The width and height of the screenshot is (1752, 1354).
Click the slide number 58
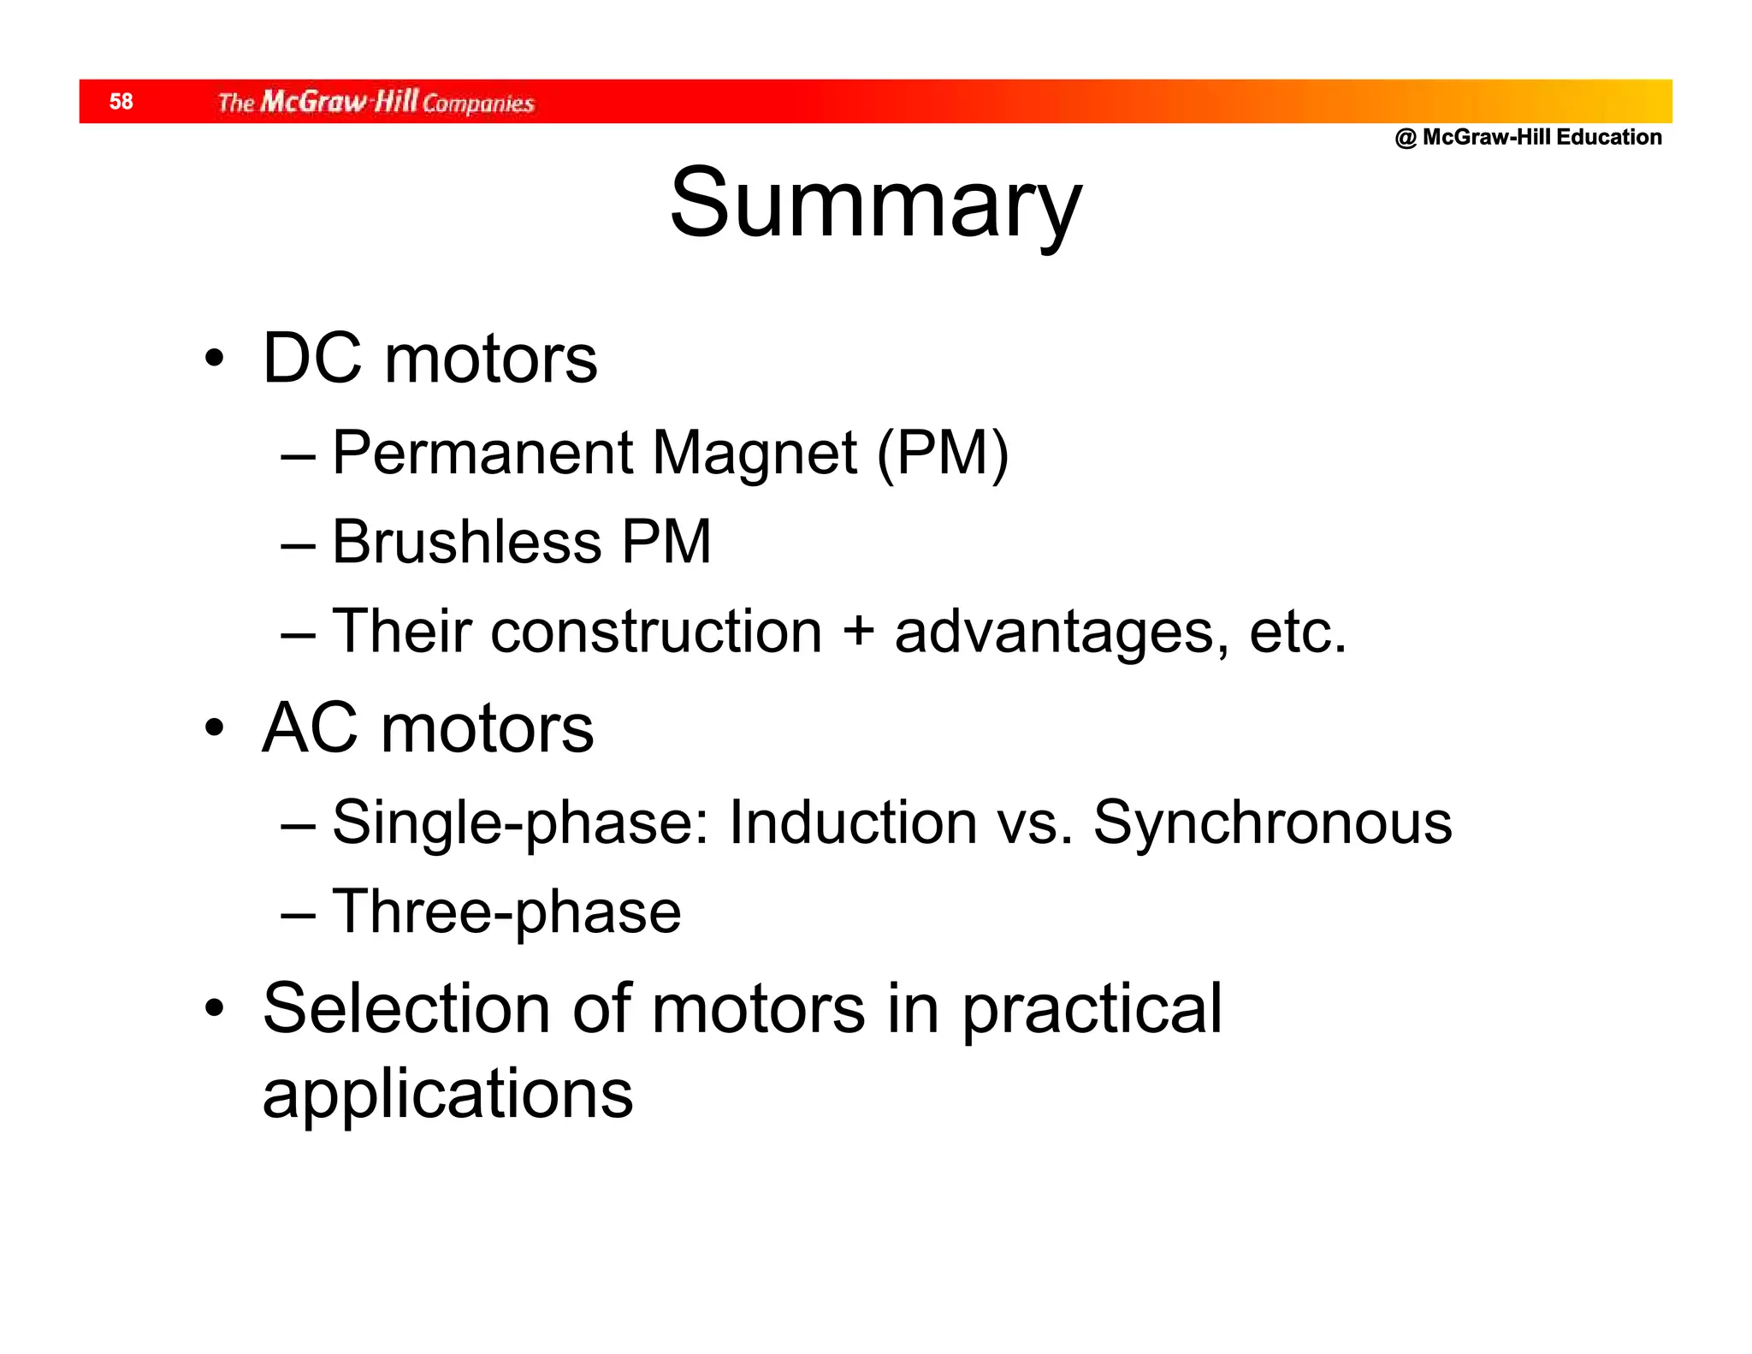click(121, 102)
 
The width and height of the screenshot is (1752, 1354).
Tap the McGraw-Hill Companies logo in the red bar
click(376, 103)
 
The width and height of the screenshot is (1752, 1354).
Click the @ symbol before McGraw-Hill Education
click(1406, 138)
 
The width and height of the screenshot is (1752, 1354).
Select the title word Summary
click(875, 205)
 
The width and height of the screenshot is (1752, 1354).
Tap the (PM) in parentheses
click(943, 454)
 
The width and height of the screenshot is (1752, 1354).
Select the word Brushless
click(466, 542)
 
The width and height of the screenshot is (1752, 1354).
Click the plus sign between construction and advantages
click(858, 632)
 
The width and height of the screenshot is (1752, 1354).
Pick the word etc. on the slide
click(1297, 632)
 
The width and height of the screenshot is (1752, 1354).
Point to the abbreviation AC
click(309, 728)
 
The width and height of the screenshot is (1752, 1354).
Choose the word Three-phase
click(506, 912)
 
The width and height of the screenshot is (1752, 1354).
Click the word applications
click(447, 1096)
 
